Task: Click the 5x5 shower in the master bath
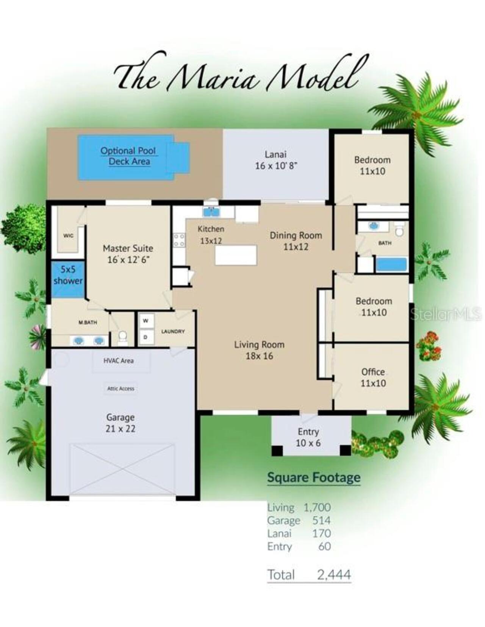click(x=68, y=279)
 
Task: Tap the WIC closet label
click(x=69, y=236)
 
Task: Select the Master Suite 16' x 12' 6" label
click(x=128, y=254)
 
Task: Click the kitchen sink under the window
click(x=211, y=212)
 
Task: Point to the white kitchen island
click(x=236, y=255)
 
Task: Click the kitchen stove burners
click(x=179, y=240)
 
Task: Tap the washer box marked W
click(x=146, y=321)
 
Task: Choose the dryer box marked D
click(x=146, y=337)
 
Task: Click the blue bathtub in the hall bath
click(x=391, y=265)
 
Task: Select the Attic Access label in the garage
click(x=120, y=388)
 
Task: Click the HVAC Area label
click(x=119, y=361)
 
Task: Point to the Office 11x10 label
click(x=373, y=377)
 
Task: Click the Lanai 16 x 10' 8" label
click(x=276, y=160)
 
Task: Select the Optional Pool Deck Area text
click(x=128, y=156)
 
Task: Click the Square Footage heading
click(x=314, y=477)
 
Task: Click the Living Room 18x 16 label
click(x=259, y=350)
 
